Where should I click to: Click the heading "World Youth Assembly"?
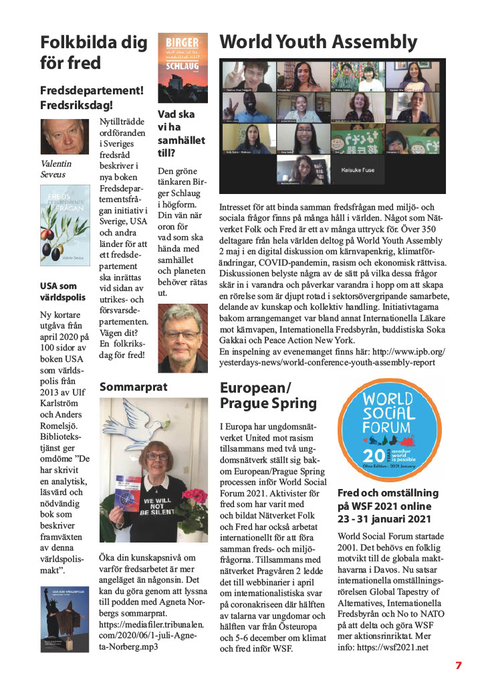point(318,42)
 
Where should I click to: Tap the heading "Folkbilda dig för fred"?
point(94,53)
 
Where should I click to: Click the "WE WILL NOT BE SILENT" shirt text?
point(162,505)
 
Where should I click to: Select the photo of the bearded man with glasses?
point(183,338)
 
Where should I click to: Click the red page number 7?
point(459,666)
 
